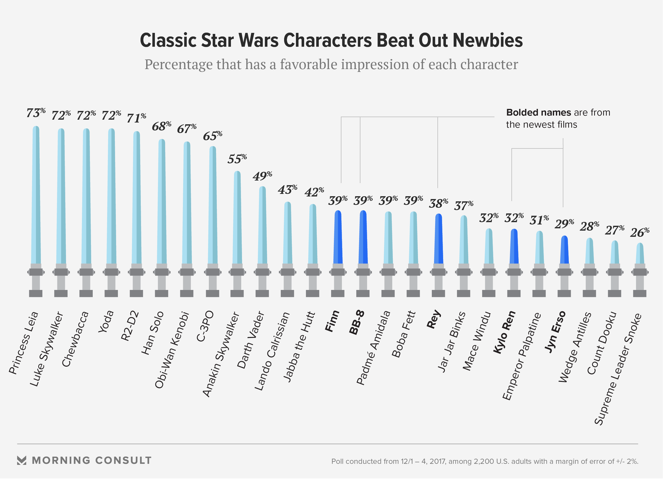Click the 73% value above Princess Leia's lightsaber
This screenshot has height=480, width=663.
(35, 113)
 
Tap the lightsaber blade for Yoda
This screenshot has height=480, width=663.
(111, 196)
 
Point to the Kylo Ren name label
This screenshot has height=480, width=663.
(505, 332)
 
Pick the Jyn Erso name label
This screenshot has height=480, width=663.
(555, 332)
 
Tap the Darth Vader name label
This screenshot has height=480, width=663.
(250, 340)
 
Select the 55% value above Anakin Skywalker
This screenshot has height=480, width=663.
(237, 159)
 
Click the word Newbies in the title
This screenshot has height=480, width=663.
(488, 40)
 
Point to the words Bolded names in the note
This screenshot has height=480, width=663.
(538, 112)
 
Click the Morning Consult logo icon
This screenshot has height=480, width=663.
(22, 460)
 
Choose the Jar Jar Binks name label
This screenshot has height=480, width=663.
(452, 342)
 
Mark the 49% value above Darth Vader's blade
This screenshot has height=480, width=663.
(262, 176)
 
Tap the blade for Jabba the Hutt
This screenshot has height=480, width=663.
(313, 234)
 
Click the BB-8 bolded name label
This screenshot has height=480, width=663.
(357, 322)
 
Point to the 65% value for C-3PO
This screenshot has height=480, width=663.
(212, 136)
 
